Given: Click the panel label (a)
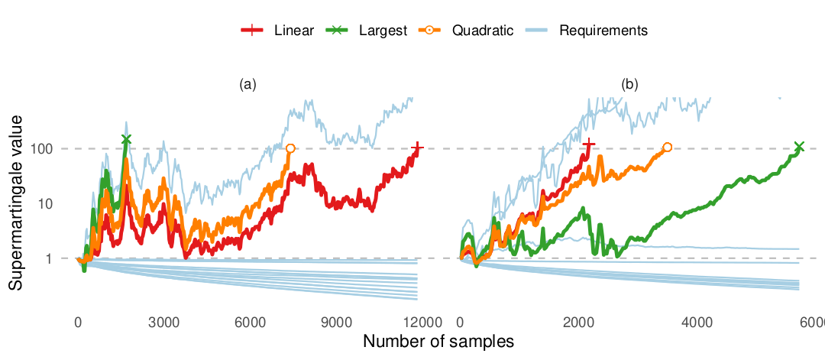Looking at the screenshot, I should (x=247, y=85).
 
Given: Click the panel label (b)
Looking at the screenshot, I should (x=630, y=85).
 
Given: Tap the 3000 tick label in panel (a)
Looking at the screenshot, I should (x=163, y=323).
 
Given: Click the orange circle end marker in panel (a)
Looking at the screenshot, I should (x=290, y=148).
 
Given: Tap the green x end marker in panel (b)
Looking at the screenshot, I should (x=800, y=147).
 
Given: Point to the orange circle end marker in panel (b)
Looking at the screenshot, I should (x=668, y=147).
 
